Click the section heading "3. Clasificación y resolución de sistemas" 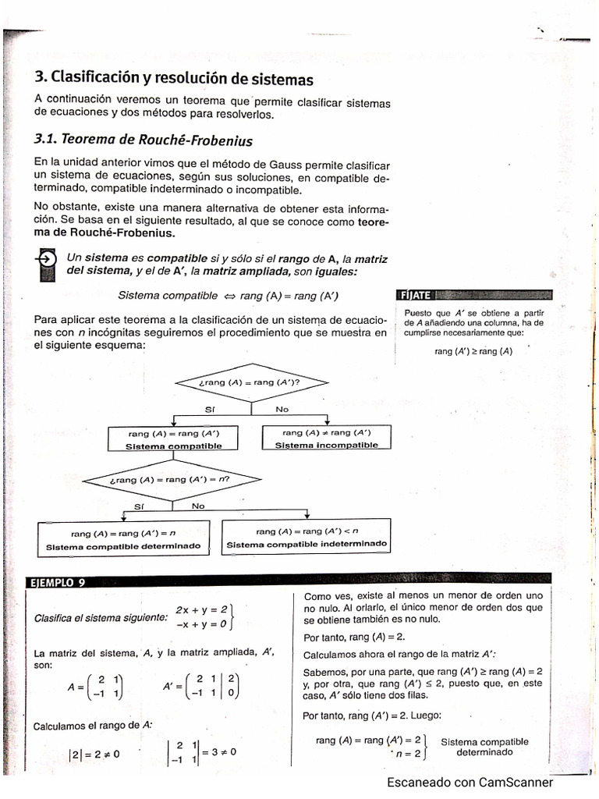pos(174,79)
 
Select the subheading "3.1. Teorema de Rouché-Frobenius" pos(144,140)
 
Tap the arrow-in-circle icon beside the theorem pos(47,259)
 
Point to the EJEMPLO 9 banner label pos(59,582)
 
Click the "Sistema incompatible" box pos(326,439)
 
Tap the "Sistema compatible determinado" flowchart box pos(123,539)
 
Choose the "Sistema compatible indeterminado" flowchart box pos(307,538)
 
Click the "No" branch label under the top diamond pos(282,409)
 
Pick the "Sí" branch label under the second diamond pos(140,506)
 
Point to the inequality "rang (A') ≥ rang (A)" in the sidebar pos(473,351)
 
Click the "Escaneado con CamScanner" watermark pos(470,783)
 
